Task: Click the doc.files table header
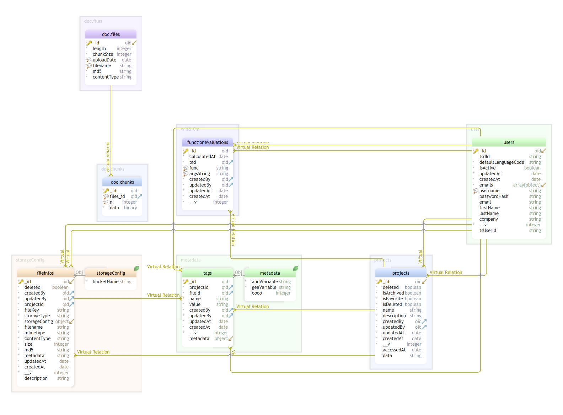tap(111, 34)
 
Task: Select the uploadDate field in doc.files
tap(104, 60)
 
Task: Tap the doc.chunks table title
tap(122, 182)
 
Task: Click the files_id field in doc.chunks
tap(117, 196)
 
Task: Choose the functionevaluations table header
tap(208, 142)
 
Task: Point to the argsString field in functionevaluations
tap(199, 174)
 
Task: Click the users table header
tap(509, 142)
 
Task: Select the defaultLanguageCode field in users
tap(502, 162)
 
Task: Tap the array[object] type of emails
tap(526, 185)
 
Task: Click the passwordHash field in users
tap(494, 196)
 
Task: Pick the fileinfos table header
tap(45, 273)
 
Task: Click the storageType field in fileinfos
tap(37, 316)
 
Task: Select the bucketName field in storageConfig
tap(106, 282)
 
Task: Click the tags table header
tap(208, 273)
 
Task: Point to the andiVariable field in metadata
tap(264, 282)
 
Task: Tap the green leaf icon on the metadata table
tap(295, 269)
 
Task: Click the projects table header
tap(401, 273)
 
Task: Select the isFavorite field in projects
tap(393, 299)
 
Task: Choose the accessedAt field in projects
tap(394, 350)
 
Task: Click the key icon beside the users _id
tap(476, 151)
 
